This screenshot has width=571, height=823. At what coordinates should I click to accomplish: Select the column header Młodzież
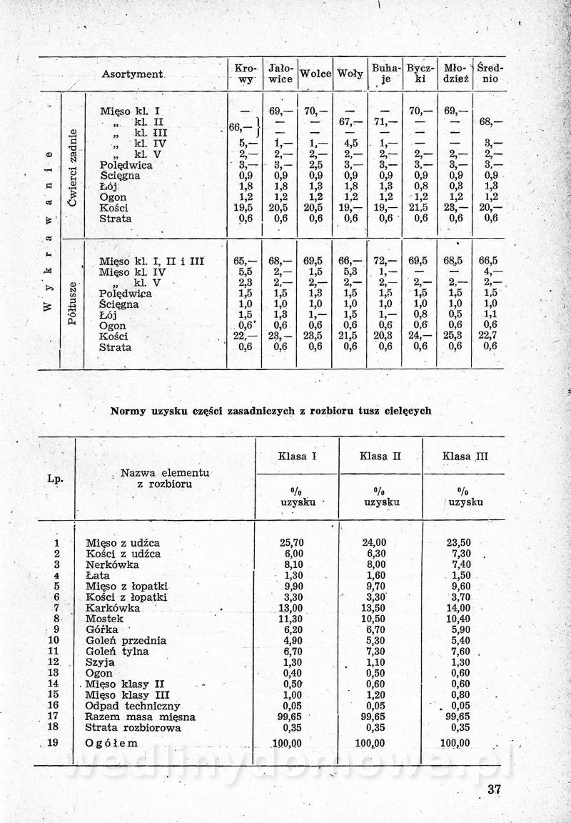455,74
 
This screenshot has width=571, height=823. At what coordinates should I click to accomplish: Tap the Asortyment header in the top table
133,74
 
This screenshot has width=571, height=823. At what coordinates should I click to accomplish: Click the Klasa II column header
380,456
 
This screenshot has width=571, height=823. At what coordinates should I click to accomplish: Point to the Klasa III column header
465,456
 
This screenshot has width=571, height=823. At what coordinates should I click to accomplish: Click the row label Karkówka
112,608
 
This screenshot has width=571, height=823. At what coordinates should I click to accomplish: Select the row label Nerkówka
113,564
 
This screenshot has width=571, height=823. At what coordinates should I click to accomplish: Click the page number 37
495,789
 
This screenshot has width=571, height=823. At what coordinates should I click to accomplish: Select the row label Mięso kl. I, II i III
151,261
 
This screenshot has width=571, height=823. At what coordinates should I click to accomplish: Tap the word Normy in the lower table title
128,411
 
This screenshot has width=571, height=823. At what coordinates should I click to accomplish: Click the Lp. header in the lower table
54,479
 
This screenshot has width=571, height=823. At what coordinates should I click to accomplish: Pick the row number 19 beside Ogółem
53,743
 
